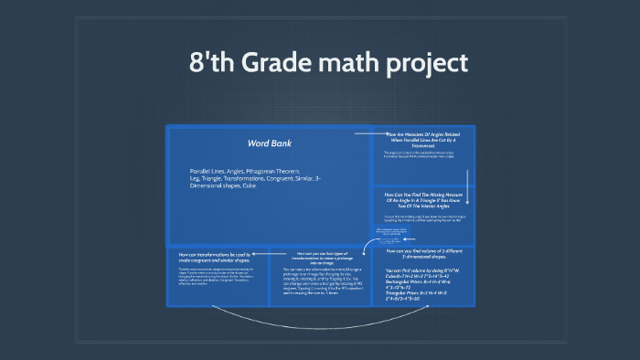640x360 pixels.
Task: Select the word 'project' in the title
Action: (431, 63)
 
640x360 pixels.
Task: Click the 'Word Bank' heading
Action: (267, 143)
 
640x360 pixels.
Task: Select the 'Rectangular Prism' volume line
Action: (422, 283)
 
